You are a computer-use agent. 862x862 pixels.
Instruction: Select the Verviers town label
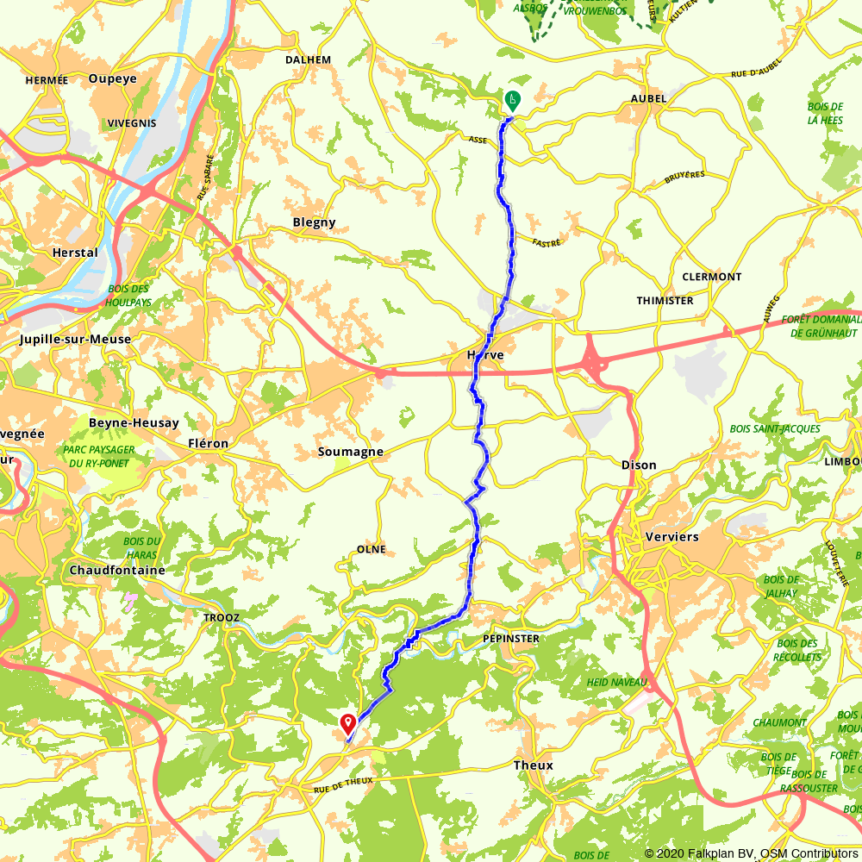tap(671, 536)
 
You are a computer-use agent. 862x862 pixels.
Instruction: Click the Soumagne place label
tap(350, 452)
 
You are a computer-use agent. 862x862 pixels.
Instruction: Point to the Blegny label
tap(314, 222)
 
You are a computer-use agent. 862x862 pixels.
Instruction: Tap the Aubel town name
tap(649, 99)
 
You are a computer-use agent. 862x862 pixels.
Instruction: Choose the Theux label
tap(533, 765)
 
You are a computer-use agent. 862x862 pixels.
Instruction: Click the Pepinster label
tap(512, 639)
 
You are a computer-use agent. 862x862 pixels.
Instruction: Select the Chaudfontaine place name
tap(116, 571)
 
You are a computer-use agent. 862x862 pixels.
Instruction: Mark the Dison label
tap(639, 465)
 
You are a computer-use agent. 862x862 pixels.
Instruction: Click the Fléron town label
tap(208, 444)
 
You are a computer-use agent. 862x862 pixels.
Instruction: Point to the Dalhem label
tap(308, 59)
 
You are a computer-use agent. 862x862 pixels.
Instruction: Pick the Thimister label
tap(665, 301)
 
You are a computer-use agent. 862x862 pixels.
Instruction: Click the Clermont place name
tap(711, 277)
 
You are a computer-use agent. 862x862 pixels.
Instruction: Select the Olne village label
tap(372, 549)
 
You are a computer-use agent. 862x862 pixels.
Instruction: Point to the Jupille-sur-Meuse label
tap(76, 340)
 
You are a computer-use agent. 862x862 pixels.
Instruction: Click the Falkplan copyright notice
tap(751, 853)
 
